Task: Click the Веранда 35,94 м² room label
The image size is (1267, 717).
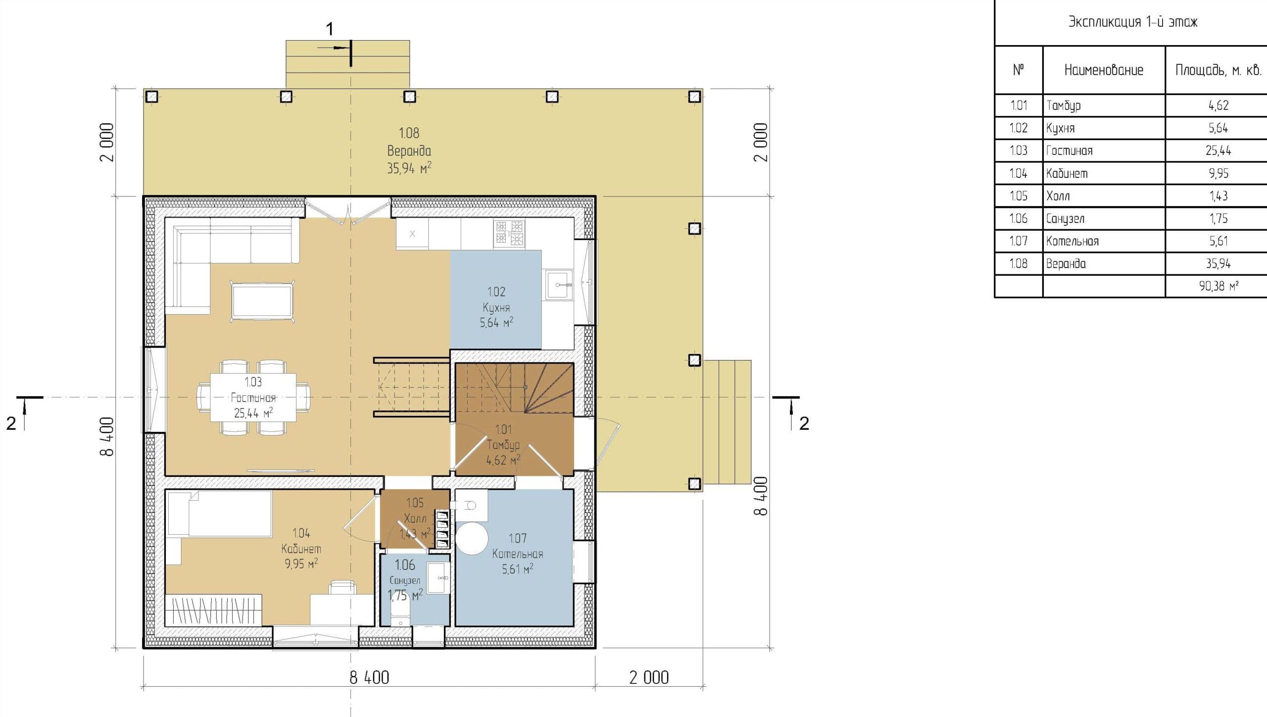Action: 409,151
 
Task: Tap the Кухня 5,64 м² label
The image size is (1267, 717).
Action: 496,307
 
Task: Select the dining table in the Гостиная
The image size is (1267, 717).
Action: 253,397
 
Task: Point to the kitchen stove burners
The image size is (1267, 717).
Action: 509,233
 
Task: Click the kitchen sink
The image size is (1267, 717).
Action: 559,285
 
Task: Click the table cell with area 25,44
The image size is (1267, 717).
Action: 1218,151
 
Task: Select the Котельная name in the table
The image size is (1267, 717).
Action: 1072,241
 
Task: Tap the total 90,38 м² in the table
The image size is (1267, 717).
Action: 1218,286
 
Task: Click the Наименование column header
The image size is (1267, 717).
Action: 1104,70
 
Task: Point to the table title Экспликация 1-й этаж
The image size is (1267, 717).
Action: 1133,22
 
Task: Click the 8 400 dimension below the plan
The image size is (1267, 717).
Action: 369,677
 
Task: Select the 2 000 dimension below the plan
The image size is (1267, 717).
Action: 649,677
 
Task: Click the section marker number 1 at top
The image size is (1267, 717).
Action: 330,29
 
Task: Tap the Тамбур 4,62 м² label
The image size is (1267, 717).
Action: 503,445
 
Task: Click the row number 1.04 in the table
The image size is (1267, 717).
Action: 1019,173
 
